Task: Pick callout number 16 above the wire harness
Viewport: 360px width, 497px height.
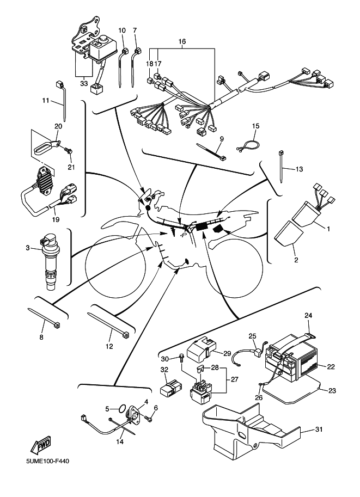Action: [x=182, y=41]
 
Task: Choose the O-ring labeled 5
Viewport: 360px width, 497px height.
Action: [x=123, y=408]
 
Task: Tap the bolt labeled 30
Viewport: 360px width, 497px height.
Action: [x=180, y=358]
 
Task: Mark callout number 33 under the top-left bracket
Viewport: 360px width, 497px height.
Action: [x=83, y=84]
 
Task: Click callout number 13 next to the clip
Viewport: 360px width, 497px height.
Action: [x=299, y=169]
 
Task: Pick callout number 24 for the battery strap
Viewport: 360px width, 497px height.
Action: [x=308, y=316]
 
